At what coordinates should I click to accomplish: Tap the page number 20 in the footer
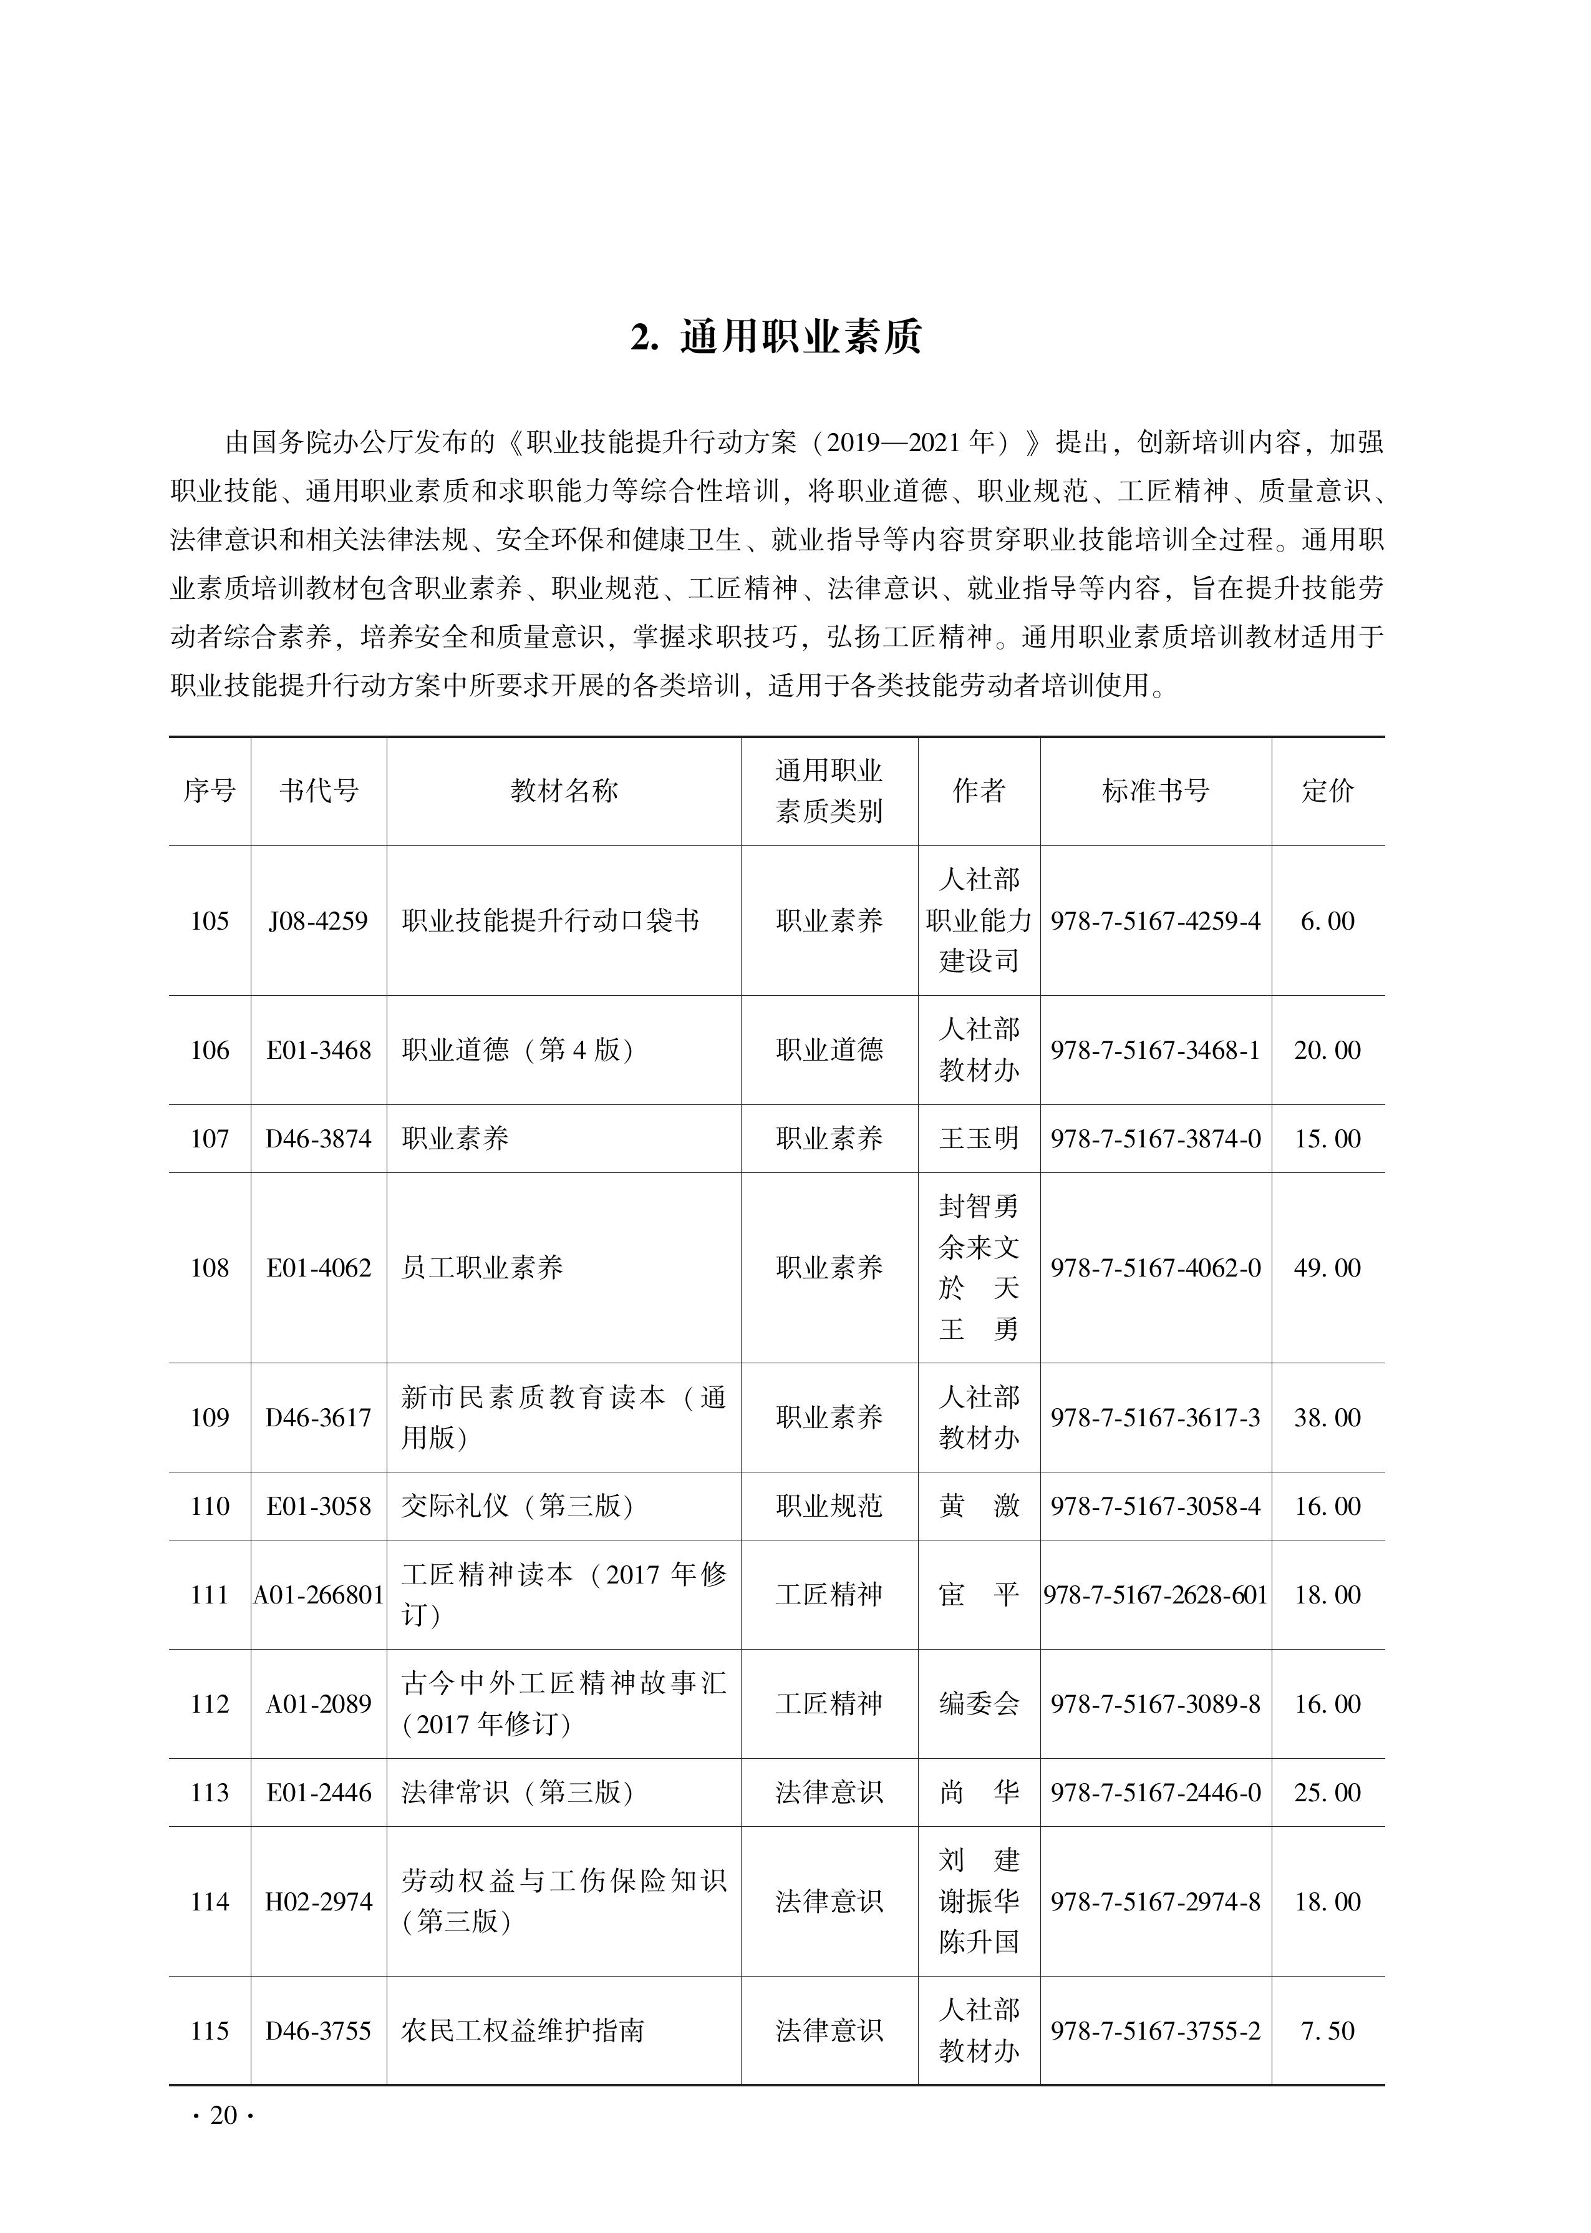223,2116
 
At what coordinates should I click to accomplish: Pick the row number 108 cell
210,1268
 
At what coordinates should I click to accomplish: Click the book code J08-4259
319,921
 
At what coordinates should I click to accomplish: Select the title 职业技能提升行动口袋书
551,921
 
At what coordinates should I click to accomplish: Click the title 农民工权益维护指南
523,2030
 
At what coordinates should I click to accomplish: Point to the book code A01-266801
319,1595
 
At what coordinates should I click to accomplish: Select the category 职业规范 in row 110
829,1506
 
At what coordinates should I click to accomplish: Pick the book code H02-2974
319,1902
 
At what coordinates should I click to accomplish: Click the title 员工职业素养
482,1268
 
